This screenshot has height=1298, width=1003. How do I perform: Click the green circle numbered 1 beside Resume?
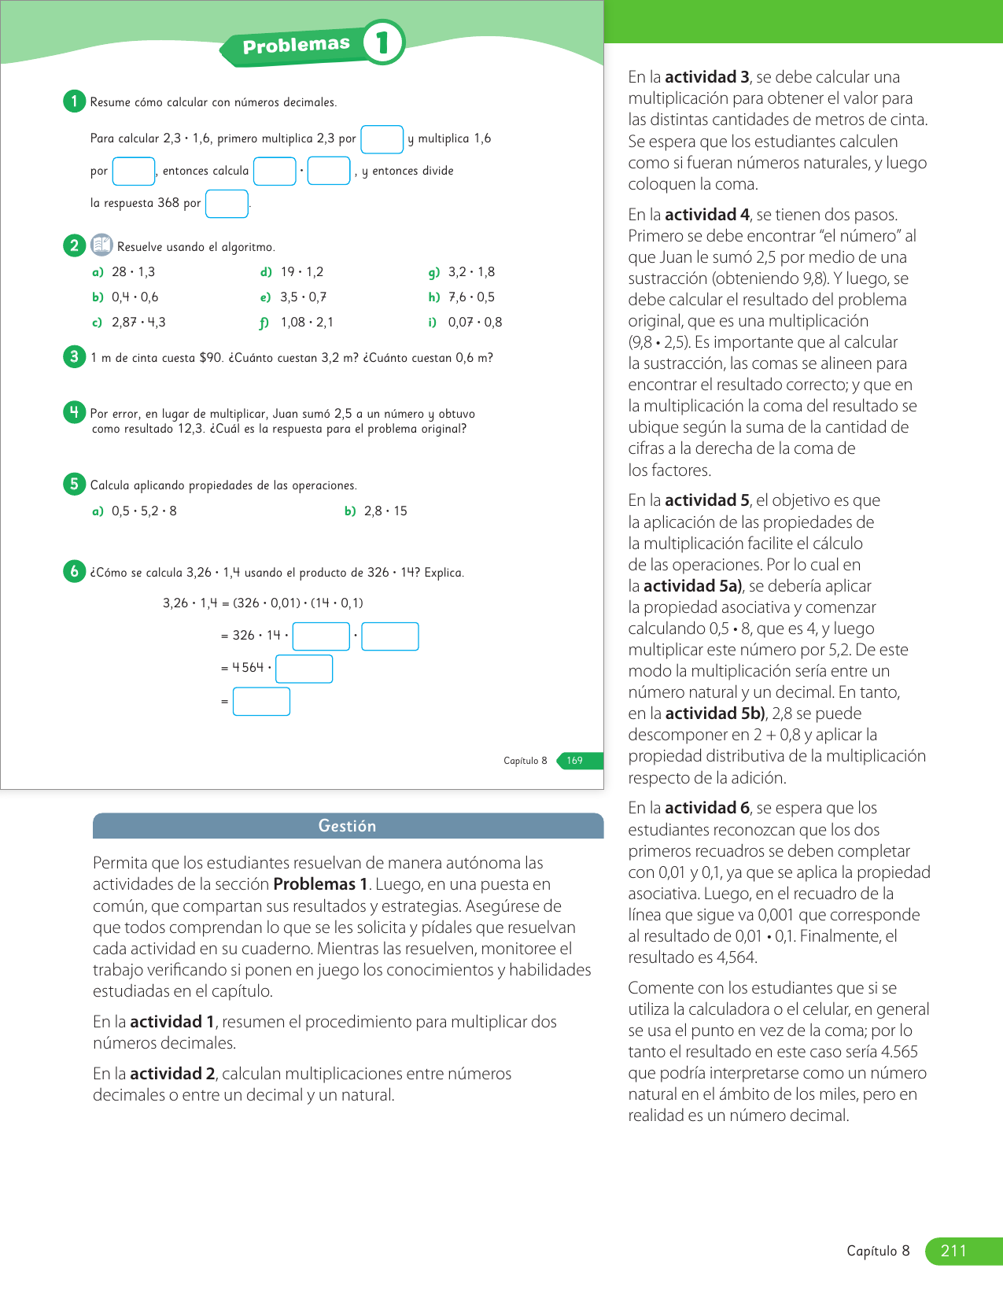(x=74, y=101)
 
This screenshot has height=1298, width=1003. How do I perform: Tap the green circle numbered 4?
(x=74, y=412)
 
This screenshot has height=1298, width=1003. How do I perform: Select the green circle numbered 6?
(x=74, y=571)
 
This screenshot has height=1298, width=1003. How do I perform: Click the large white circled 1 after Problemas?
(x=383, y=42)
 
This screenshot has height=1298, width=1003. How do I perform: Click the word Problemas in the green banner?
(x=296, y=46)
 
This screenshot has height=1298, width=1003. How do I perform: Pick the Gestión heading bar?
(x=348, y=826)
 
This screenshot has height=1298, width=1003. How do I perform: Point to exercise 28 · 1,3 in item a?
(x=133, y=272)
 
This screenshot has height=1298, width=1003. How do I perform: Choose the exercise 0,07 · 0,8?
(x=474, y=323)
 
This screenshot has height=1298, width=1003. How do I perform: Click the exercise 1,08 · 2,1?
(x=307, y=323)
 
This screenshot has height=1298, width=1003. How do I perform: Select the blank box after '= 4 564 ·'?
(x=304, y=669)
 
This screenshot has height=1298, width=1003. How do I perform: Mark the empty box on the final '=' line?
(x=261, y=702)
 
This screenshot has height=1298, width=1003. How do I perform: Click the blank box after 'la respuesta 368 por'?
(x=227, y=204)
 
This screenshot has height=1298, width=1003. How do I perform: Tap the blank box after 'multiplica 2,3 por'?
(x=382, y=139)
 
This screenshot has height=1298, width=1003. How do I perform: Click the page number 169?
(x=575, y=761)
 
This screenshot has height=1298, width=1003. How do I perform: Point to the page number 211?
(x=953, y=1251)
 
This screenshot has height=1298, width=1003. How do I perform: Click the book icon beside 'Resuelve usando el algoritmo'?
(x=101, y=245)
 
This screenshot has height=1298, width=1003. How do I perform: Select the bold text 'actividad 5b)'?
(x=715, y=714)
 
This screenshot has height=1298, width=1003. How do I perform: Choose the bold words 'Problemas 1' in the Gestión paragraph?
(x=320, y=884)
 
